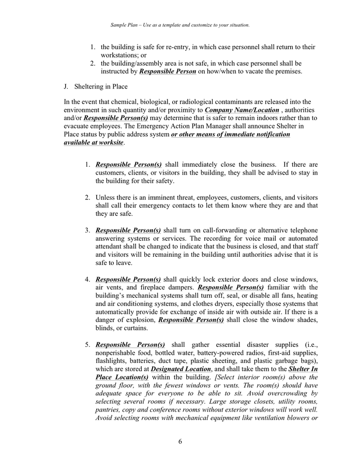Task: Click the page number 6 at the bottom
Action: (180, 441)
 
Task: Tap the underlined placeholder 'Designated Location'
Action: (181, 369)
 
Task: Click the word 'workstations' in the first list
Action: (119, 55)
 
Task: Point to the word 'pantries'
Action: (108, 410)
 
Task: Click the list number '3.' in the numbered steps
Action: (88, 230)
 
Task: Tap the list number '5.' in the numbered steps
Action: (88, 344)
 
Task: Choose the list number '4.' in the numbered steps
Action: (88, 280)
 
